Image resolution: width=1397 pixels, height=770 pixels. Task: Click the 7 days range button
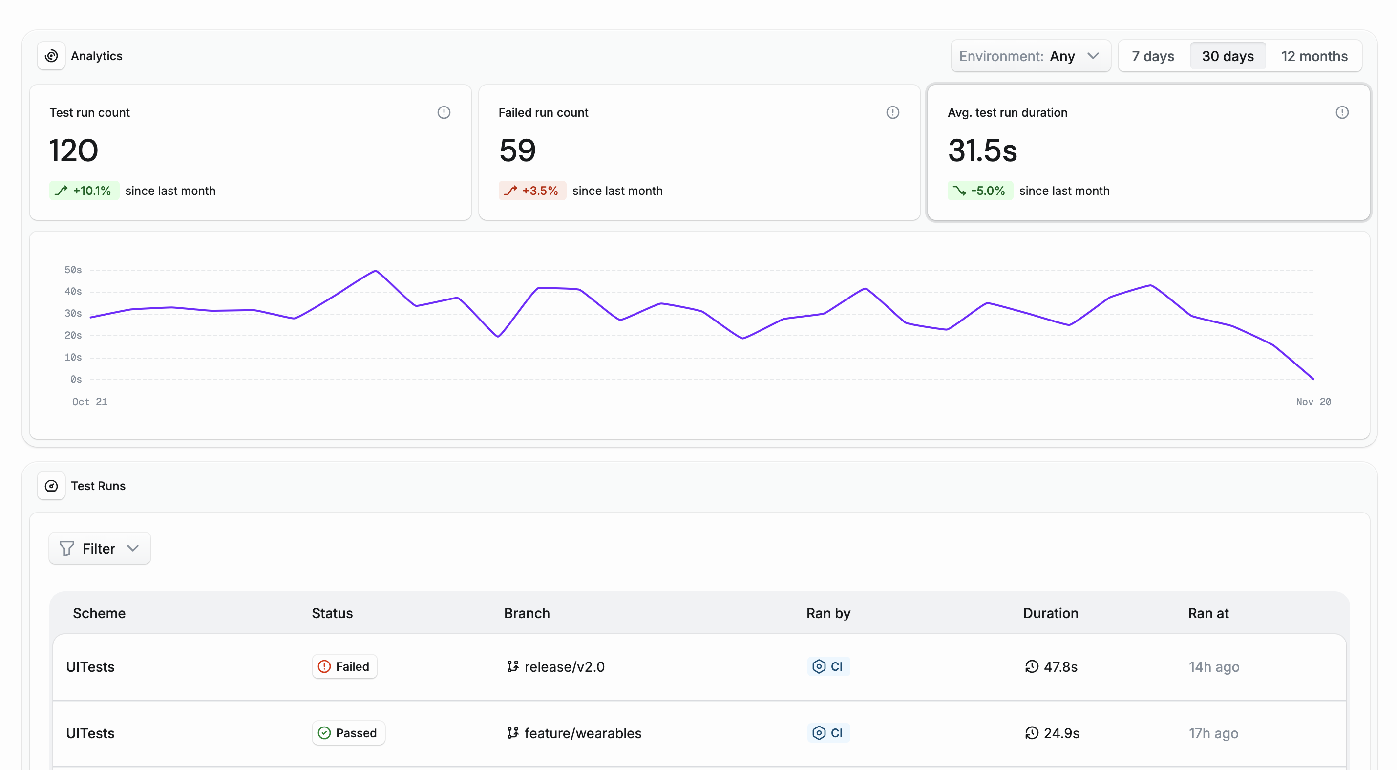(1152, 56)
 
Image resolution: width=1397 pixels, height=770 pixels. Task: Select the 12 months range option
(1313, 56)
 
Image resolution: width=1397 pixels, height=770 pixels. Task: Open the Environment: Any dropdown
(1030, 56)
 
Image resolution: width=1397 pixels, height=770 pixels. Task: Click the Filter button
(99, 548)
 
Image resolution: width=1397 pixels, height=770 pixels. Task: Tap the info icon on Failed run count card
(892, 112)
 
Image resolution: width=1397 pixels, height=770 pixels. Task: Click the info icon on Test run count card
(444, 112)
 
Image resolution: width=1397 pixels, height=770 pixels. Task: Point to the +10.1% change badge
(84, 191)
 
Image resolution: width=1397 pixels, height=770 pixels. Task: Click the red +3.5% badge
(532, 191)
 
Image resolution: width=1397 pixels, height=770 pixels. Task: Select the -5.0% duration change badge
(980, 191)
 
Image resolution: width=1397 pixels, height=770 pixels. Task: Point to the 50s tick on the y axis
(73, 270)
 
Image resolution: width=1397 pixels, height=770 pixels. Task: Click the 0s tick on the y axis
(76, 379)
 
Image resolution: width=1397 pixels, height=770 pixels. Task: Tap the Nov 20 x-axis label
(1313, 401)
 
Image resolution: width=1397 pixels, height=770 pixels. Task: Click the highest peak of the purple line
(375, 271)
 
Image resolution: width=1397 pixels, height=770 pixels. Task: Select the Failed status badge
(344, 666)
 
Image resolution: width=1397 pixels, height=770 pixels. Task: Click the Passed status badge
(348, 733)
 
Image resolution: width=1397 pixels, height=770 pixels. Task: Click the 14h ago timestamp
(1214, 666)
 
